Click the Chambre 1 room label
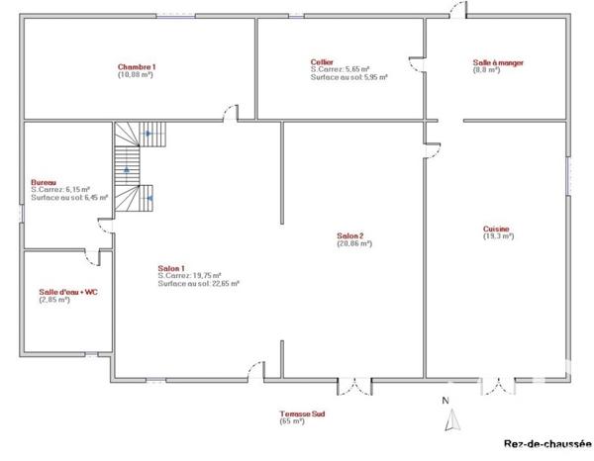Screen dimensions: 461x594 (138, 66)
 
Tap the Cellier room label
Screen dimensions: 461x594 (322, 61)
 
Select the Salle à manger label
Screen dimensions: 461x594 (498, 62)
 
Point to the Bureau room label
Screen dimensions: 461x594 (44, 182)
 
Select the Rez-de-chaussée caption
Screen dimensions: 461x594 (541, 444)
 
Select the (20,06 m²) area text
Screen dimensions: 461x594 (353, 243)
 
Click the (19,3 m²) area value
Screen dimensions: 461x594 (498, 236)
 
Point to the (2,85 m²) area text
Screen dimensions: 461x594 (54, 300)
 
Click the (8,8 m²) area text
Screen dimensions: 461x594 (488, 70)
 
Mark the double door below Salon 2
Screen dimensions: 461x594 (353, 387)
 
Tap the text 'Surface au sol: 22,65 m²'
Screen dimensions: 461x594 (199, 283)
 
